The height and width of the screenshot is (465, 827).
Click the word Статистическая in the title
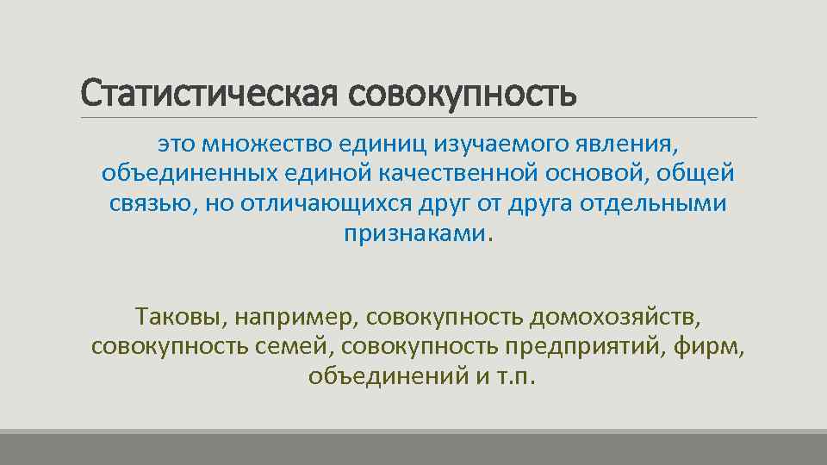coord(210,93)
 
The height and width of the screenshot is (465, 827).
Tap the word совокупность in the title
coord(463,93)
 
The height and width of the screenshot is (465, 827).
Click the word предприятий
coord(569,348)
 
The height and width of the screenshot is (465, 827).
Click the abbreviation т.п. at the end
coord(514,378)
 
